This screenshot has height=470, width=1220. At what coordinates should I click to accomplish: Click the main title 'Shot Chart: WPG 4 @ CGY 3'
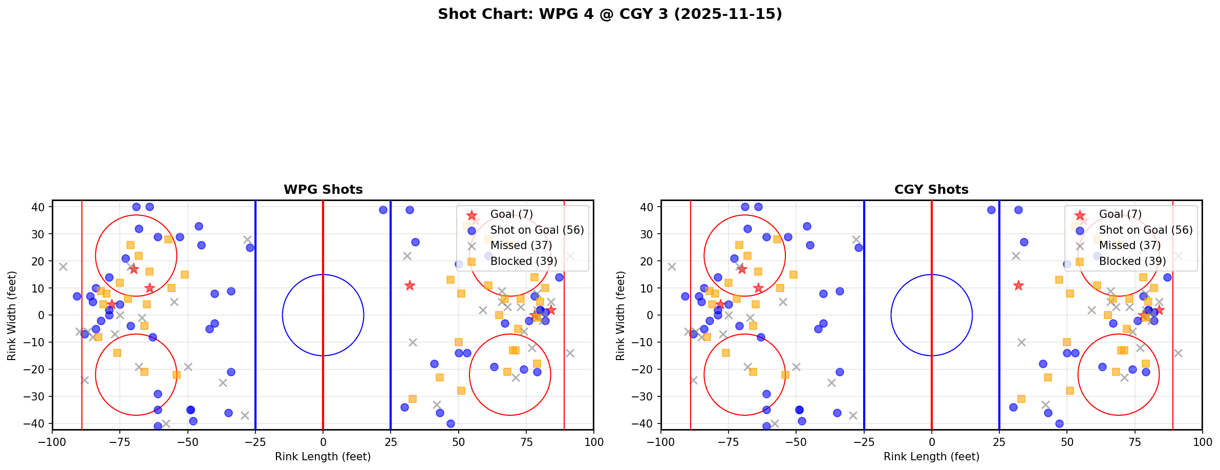(x=610, y=14)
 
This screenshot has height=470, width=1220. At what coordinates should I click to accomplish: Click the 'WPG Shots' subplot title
(x=323, y=190)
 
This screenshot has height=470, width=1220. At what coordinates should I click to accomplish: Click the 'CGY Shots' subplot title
(x=931, y=190)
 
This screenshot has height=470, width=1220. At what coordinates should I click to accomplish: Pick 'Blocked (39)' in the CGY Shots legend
(x=1132, y=261)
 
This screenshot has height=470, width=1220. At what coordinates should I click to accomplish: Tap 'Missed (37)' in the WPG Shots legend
(x=521, y=245)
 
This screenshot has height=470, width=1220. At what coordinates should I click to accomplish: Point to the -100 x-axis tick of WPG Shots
(x=52, y=442)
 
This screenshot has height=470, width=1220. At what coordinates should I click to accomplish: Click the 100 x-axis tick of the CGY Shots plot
(x=1202, y=442)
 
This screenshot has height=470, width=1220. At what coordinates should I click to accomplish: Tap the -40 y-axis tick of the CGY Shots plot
(x=645, y=423)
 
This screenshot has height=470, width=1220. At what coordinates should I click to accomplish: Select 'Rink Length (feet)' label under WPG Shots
(x=323, y=457)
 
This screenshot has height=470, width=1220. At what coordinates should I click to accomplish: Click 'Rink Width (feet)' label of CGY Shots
(x=620, y=316)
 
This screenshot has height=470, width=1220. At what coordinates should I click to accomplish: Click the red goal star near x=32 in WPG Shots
(x=410, y=285)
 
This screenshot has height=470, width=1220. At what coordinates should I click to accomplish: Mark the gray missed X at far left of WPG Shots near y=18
(x=63, y=266)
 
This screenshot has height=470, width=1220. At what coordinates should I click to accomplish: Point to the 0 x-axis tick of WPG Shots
(x=323, y=442)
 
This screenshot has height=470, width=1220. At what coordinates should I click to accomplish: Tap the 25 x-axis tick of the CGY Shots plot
(x=999, y=442)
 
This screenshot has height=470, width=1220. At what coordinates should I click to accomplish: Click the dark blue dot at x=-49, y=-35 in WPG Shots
(x=190, y=410)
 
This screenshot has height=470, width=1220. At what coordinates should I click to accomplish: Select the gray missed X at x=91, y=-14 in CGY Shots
(x=1178, y=353)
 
